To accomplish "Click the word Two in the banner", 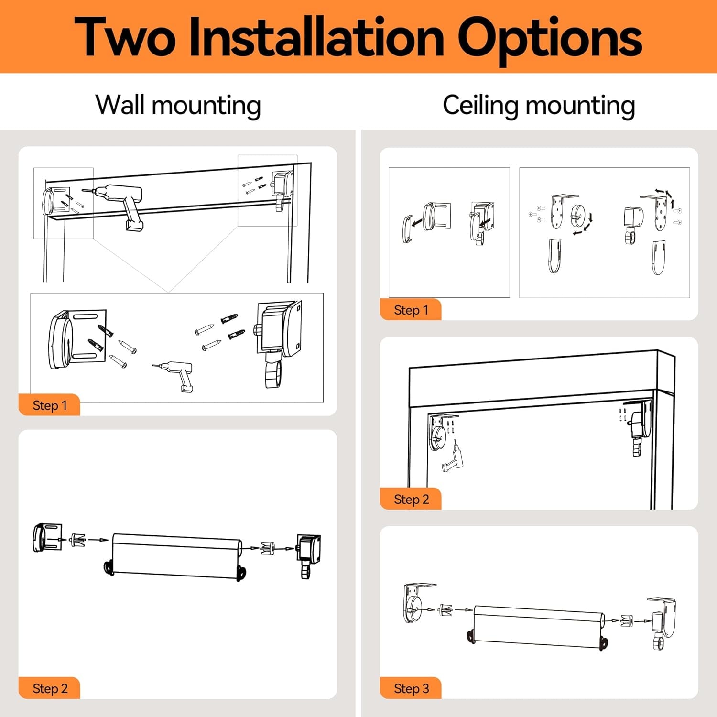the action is click(125, 37).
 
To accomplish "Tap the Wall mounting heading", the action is click(178, 105).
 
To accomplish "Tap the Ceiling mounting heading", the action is click(539, 105).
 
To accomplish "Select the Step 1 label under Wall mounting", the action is click(50, 405).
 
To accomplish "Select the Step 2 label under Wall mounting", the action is click(50, 689).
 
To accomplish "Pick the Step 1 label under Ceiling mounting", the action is click(411, 310).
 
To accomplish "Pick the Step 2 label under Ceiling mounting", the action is click(411, 500).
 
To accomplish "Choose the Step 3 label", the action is click(411, 689).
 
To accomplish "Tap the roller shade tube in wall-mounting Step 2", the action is click(177, 555).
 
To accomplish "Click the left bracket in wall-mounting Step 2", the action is click(47, 538).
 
